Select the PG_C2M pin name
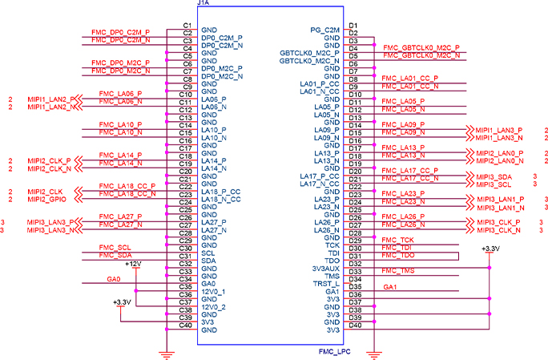pyautogui.click(x=325, y=30)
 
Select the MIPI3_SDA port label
pyautogui.click(x=494, y=176)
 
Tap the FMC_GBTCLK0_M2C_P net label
pyautogui.click(x=421, y=48)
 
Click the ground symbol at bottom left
pyautogui.click(x=166, y=352)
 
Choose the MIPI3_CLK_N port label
pyautogui.click(x=498, y=230)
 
